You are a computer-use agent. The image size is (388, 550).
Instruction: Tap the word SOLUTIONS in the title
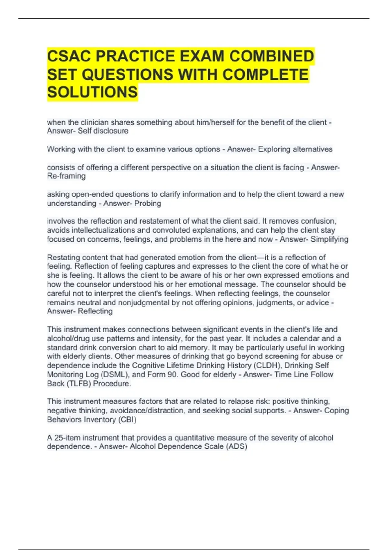(92, 92)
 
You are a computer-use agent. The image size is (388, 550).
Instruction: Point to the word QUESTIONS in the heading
(127, 74)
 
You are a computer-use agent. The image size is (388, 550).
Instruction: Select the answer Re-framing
(66, 176)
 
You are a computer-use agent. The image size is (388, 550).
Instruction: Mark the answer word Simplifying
(329, 239)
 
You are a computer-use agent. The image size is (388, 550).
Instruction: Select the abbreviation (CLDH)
(267, 366)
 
